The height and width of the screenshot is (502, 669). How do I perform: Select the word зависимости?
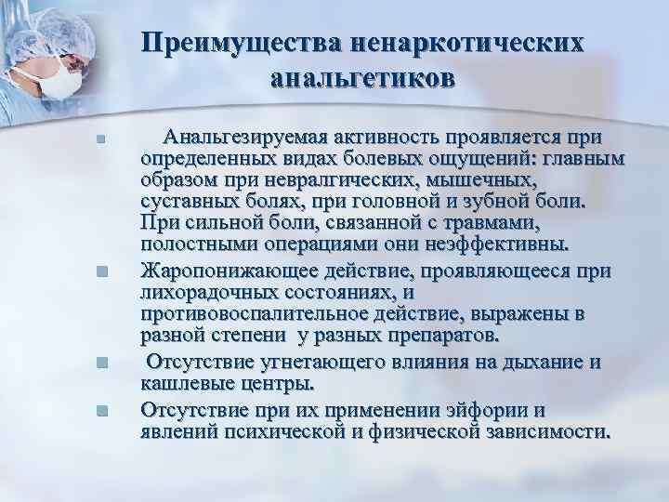click(x=547, y=430)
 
